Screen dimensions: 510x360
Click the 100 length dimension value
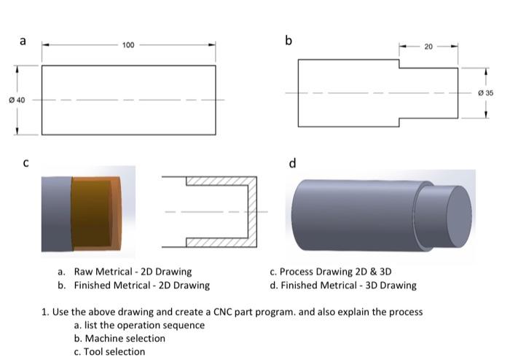point(128,45)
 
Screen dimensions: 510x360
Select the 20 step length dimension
point(428,47)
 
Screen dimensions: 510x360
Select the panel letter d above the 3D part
point(293,163)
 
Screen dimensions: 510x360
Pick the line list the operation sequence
point(139,325)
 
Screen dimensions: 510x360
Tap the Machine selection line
point(119,338)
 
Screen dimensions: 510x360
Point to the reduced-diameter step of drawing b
point(428,93)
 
